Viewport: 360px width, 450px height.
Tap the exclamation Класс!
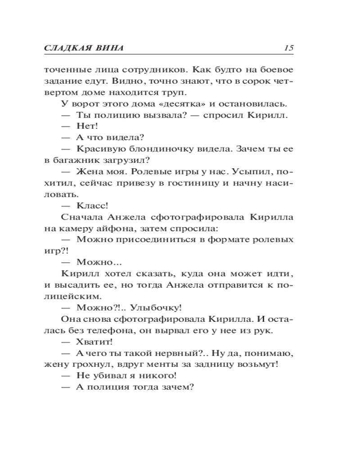[92, 206]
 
